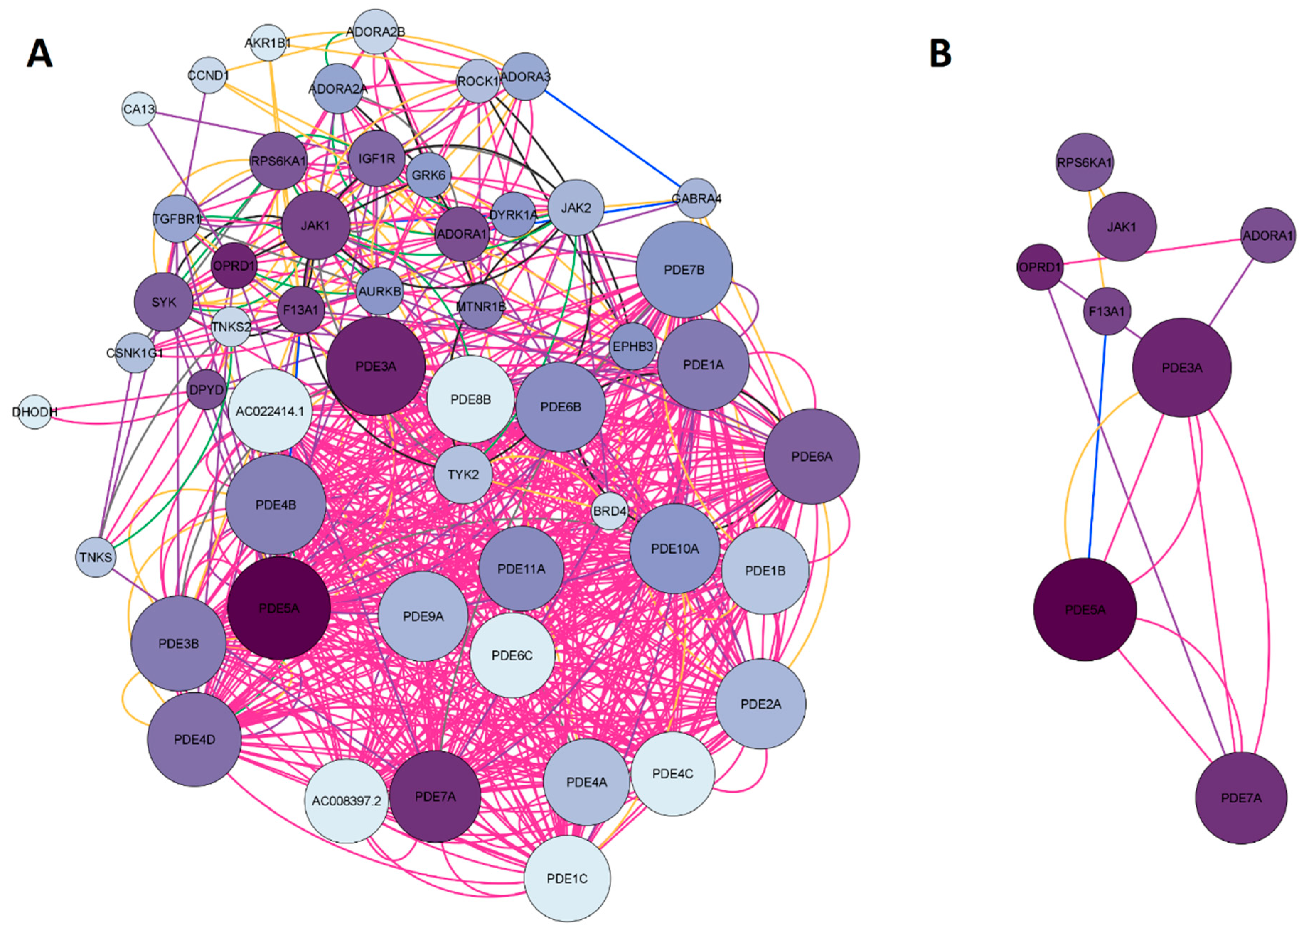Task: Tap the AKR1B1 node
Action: (268, 43)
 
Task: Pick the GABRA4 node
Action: (696, 199)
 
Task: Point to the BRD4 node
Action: (610, 511)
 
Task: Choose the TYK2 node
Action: (463, 474)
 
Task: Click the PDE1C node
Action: (567, 878)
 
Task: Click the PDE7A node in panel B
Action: (1241, 798)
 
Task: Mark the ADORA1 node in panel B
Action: (1268, 235)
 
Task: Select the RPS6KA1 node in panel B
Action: (1084, 162)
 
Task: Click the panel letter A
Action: (39, 54)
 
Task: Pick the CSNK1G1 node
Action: (135, 353)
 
